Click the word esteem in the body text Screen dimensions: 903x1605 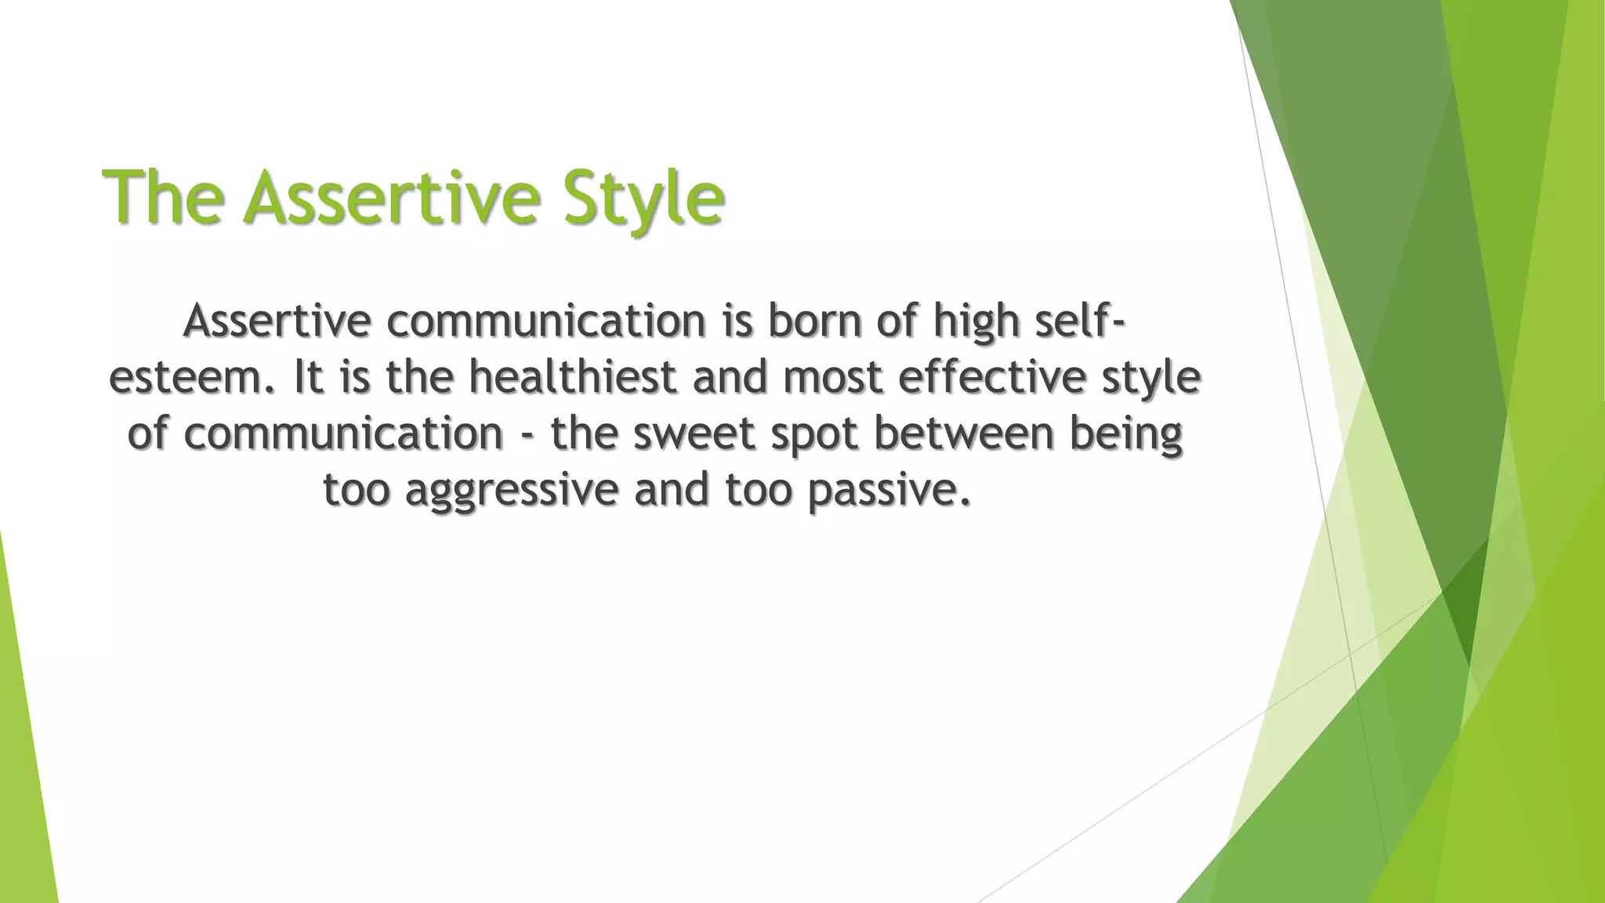pyautogui.click(x=191, y=378)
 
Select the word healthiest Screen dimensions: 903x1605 pyautogui.click(x=573, y=378)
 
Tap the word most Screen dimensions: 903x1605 pyautogui.click(x=833, y=378)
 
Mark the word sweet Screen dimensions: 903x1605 pyautogui.click(x=694, y=434)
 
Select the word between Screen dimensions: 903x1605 pyautogui.click(x=964, y=434)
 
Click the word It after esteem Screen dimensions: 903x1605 pyautogui.click(x=309, y=378)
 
